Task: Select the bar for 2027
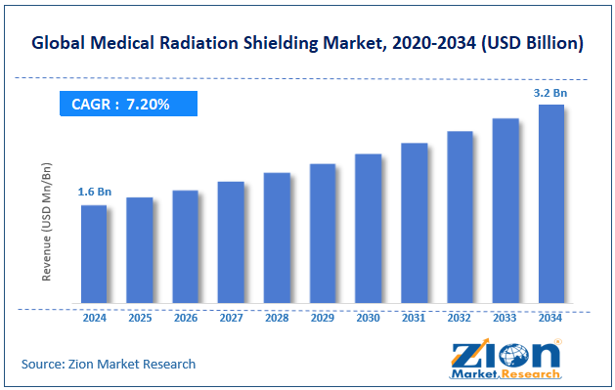pyautogui.click(x=231, y=244)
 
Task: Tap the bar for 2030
pyautogui.click(x=368, y=230)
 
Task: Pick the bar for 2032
pyautogui.click(x=460, y=219)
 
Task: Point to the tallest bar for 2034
pyautogui.click(x=551, y=205)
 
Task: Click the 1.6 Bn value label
pyautogui.click(x=95, y=193)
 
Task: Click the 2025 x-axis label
pyautogui.click(x=140, y=319)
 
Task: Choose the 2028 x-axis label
pyautogui.click(x=277, y=319)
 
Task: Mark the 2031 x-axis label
pyautogui.click(x=414, y=319)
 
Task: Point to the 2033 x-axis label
pyautogui.click(x=505, y=319)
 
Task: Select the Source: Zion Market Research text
pyautogui.click(x=109, y=364)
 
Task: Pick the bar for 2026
pyautogui.click(x=185, y=249)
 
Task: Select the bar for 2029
pyautogui.click(x=323, y=236)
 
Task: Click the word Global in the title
pyautogui.click(x=61, y=44)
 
